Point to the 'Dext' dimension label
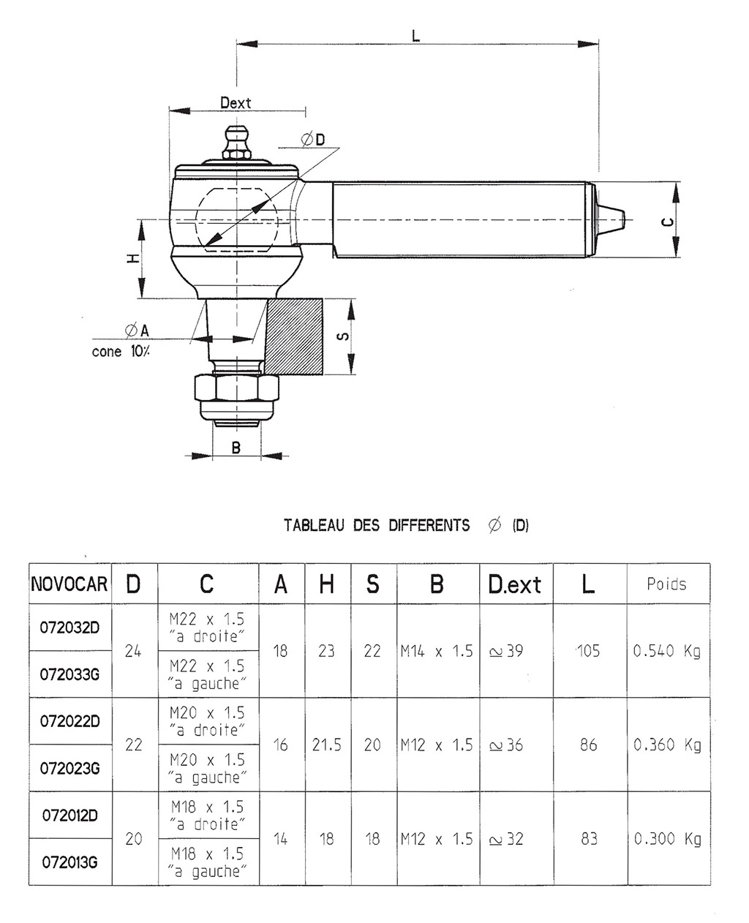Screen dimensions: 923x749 pos(236,103)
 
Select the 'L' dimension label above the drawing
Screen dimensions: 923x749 pos(416,35)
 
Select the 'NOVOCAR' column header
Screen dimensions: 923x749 pos(69,584)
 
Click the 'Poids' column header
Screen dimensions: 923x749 pos(667,584)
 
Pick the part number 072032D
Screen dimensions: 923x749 pos(69,627)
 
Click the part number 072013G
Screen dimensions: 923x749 pos(69,862)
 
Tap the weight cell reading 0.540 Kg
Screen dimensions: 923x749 pos(667,650)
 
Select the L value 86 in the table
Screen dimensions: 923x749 pos(588,745)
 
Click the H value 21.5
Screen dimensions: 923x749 pos(326,745)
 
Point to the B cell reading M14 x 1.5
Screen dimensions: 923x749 pos(437,650)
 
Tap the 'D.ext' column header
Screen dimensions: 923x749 pos(515,584)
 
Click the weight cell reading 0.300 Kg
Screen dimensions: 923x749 pos(667,839)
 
